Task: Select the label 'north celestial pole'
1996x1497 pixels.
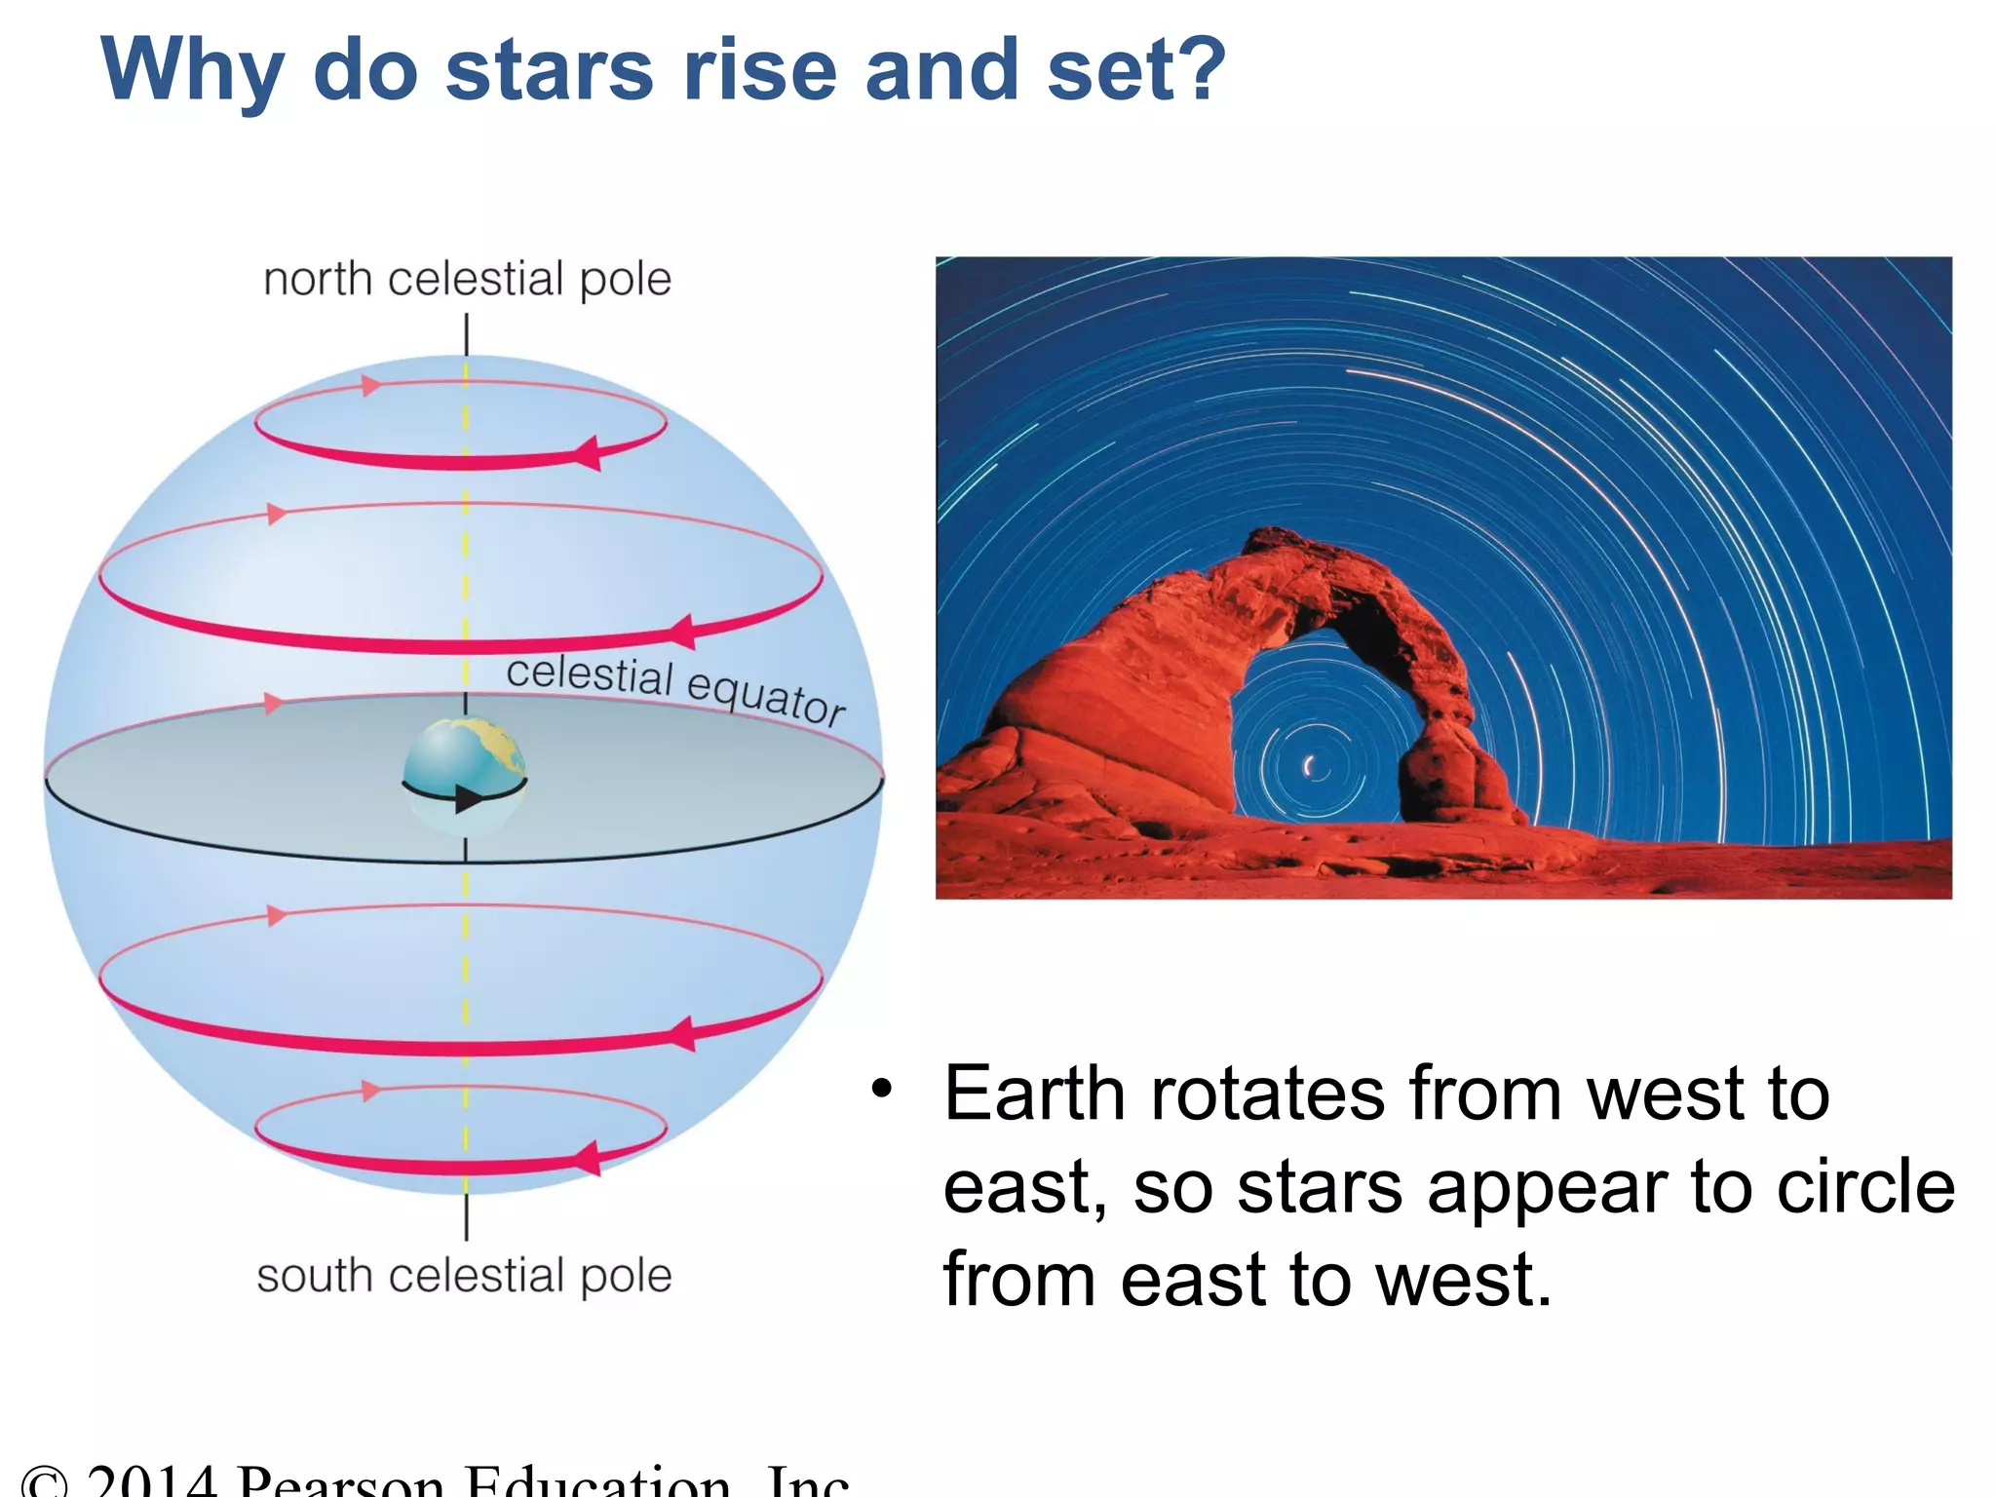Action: coord(467,280)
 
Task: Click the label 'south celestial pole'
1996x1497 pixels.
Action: coord(464,1276)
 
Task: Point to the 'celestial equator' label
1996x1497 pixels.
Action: coord(675,689)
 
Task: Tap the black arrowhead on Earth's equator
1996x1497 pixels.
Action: coord(468,799)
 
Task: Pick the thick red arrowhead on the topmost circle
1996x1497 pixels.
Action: coord(587,453)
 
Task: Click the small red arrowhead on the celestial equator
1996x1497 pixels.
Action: coord(274,704)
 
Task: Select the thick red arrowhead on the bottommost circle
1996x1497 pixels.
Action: coord(587,1158)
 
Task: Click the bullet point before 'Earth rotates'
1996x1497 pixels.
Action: coord(881,1089)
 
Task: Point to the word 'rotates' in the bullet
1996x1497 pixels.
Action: coord(1267,1094)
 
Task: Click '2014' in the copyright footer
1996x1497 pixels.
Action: coord(150,1481)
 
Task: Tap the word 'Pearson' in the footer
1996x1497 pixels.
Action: coord(341,1481)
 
